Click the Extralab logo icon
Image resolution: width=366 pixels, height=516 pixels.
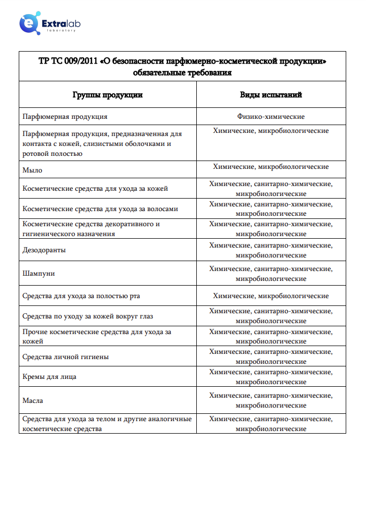click(x=29, y=24)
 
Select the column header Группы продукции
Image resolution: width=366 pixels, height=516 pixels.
click(x=107, y=95)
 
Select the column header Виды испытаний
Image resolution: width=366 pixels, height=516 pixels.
click(x=271, y=95)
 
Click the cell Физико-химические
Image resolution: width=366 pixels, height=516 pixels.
click(x=271, y=117)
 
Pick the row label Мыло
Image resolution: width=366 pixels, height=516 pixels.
click(x=32, y=170)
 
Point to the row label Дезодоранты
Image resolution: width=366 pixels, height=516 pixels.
click(x=44, y=250)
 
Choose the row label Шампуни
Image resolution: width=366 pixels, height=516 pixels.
click(x=39, y=274)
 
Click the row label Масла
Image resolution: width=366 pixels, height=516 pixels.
click(x=33, y=401)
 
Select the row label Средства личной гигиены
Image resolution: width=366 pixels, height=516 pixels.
click(x=66, y=357)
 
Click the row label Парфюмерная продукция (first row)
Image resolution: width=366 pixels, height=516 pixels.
click(x=65, y=117)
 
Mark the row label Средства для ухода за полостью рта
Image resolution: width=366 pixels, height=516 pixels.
click(x=81, y=296)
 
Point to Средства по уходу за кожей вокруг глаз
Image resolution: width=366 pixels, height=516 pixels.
click(x=87, y=316)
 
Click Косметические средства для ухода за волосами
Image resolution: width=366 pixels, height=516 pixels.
click(x=100, y=209)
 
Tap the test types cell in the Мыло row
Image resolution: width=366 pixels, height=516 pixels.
click(x=271, y=167)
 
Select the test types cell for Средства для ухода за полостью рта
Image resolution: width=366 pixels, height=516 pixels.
click(x=271, y=296)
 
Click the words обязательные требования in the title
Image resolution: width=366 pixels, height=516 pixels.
click(x=182, y=72)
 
